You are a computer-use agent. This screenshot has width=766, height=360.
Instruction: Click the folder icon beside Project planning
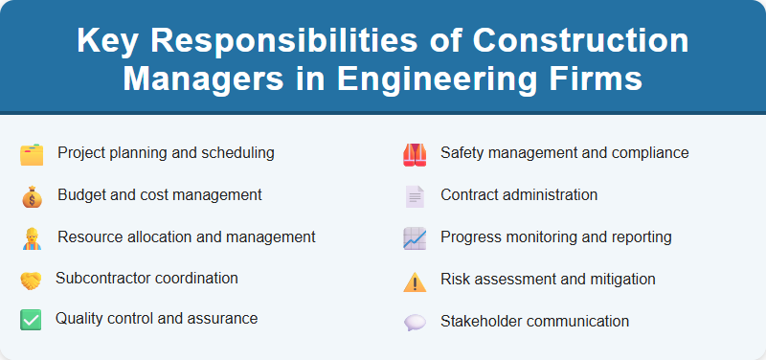(x=32, y=154)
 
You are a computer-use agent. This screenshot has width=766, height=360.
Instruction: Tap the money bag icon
(x=32, y=196)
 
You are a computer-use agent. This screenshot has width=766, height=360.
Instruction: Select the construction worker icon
(x=32, y=238)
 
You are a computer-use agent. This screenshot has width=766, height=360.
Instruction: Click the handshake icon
(x=31, y=281)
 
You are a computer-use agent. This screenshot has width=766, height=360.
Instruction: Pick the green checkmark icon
(x=31, y=320)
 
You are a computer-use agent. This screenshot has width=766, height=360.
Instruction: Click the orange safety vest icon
(x=414, y=154)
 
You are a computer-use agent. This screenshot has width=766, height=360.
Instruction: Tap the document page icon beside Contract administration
(x=414, y=196)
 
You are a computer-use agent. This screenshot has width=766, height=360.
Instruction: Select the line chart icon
(x=414, y=238)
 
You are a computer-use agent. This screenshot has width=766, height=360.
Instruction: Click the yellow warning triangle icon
(x=414, y=281)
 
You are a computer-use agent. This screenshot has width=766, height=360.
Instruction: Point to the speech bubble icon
(x=414, y=323)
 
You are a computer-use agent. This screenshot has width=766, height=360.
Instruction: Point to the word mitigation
(x=622, y=279)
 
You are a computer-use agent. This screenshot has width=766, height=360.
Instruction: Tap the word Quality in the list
(x=79, y=318)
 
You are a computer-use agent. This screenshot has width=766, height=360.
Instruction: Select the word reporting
(x=640, y=236)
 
